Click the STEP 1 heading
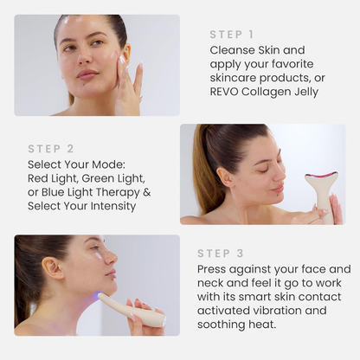click(x=231, y=35)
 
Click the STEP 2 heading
click(x=51, y=149)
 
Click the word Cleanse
click(x=233, y=50)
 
